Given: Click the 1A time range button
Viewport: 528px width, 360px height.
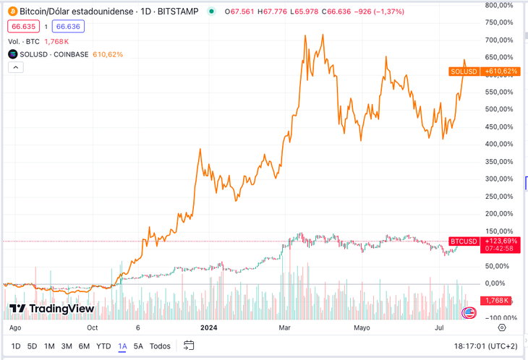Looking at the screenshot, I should pos(122,346).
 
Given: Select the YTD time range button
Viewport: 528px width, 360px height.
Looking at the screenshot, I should pos(103,346).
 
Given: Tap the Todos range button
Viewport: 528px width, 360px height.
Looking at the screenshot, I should pos(160,346).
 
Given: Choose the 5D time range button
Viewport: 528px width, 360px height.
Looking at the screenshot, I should pos(32,346).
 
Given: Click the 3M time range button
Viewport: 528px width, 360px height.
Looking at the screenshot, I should pos(67,346).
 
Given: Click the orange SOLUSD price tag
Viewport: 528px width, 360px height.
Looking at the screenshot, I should pos(463,71).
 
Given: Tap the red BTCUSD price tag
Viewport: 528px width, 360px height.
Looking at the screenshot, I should pos(463,241).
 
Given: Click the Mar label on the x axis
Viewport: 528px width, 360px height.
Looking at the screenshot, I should pos(284,327).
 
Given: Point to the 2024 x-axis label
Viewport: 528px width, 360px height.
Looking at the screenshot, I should pos(210,327).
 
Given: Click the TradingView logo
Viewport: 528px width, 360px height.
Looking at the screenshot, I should pos(51,309).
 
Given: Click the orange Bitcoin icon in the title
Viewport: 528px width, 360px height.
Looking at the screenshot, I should pos(12,12).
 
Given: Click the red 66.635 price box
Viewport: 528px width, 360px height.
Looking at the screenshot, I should pos(25,26).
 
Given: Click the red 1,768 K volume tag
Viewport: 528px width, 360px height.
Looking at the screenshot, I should pos(497,300).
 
